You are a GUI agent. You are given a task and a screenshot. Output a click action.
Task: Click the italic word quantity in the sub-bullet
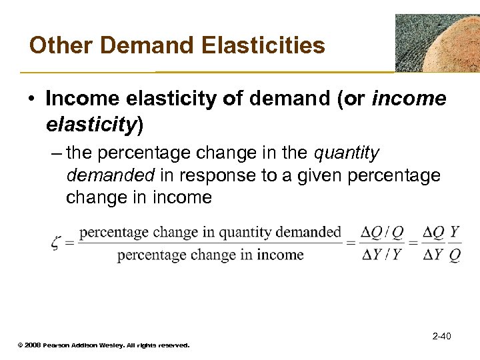pos(346,153)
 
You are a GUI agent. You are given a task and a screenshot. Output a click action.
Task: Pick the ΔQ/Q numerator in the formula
pos(378,233)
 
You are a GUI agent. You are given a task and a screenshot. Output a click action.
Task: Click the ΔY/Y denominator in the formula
pos(378,255)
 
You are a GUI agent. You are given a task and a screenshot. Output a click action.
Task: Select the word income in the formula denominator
pos(280,254)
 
